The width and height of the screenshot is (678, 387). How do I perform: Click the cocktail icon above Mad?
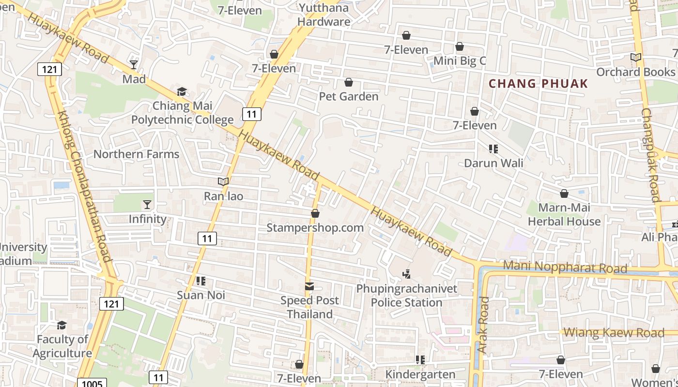[134, 64]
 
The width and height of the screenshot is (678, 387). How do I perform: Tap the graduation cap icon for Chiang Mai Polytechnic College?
[182, 91]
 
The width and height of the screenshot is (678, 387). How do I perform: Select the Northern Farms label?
[136, 154]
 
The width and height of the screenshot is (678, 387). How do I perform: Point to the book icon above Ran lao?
[223, 182]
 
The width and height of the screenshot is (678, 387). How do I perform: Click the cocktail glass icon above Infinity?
[147, 205]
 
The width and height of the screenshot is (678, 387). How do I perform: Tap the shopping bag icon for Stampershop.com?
[315, 213]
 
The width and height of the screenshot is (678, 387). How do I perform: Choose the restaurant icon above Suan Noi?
[201, 281]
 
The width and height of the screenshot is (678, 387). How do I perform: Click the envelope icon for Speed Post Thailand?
[309, 286]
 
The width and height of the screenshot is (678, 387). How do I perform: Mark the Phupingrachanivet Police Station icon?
[407, 274]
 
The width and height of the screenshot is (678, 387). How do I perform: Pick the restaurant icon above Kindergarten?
[420, 360]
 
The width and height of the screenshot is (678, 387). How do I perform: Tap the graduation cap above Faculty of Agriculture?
[62, 325]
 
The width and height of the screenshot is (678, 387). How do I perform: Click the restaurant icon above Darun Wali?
[493, 149]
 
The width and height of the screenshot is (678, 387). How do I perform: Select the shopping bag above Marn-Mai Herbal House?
[564, 194]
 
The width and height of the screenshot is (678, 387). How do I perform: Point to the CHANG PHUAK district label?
[538, 84]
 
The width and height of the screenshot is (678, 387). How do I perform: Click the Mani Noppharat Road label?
[565, 267]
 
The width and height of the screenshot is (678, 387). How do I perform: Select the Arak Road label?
[483, 325]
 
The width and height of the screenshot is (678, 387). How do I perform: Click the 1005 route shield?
[92, 384]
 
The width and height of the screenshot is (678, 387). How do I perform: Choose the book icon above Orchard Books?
[636, 58]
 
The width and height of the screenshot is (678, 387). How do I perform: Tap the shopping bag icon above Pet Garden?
[348, 83]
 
